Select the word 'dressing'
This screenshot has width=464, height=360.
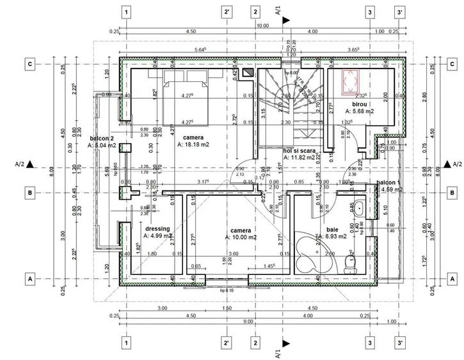[157, 228]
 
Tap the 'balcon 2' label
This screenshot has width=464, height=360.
[102, 138]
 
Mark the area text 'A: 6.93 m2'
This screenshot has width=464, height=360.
[330, 236]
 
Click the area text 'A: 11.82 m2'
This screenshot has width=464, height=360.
[300, 157]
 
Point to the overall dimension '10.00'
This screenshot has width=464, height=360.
[263, 26]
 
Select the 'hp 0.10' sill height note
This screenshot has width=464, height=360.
[226, 291]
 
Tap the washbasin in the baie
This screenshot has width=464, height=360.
[360, 208]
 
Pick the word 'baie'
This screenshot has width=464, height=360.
[332, 229]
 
